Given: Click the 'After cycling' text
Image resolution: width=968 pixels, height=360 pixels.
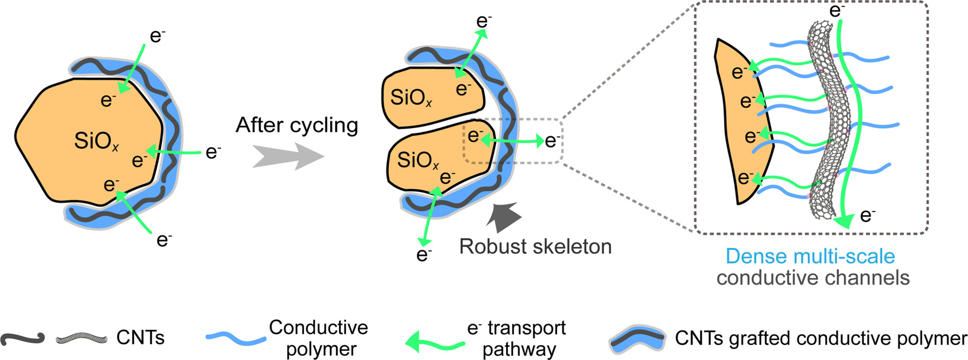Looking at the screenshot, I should pyautogui.click(x=297, y=126).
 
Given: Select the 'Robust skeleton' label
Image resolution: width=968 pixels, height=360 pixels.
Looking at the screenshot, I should pyautogui.click(x=535, y=247).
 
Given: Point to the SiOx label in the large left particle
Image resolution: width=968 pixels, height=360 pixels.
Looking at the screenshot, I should pyautogui.click(x=96, y=141).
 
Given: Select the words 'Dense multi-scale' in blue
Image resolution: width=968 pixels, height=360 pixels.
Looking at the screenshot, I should pyautogui.click(x=810, y=256).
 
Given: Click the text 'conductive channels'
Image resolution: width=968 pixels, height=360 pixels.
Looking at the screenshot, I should pyautogui.click(x=813, y=278).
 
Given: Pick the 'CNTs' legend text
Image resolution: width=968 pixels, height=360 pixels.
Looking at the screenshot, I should pyautogui.click(x=140, y=338).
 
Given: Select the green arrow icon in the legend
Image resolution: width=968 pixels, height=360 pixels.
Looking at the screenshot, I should pyautogui.click(x=434, y=342).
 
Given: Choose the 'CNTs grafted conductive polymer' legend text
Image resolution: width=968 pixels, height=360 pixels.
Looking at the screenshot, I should pyautogui.click(x=821, y=338).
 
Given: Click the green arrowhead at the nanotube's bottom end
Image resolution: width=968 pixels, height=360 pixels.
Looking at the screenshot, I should pyautogui.click(x=844, y=221).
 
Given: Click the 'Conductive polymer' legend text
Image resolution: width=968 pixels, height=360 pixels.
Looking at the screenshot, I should pyautogui.click(x=319, y=338).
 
